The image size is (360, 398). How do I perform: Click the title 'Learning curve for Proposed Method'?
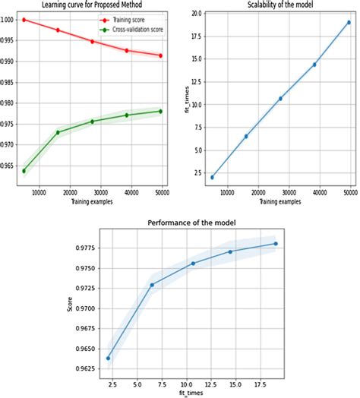pyautogui.click(x=90, y=6)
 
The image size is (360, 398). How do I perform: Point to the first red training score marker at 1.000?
pyautogui.click(x=25, y=20)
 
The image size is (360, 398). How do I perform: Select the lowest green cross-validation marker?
pyautogui.click(x=25, y=171)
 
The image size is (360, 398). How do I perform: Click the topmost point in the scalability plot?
pyautogui.click(x=349, y=22)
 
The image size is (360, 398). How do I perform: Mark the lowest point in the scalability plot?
pyautogui.click(x=212, y=177)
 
